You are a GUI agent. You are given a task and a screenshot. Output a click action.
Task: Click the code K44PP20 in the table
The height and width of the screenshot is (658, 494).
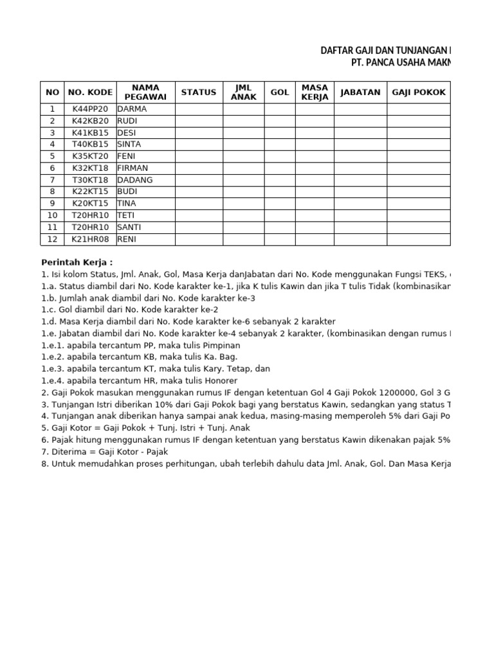pyautogui.click(x=91, y=109)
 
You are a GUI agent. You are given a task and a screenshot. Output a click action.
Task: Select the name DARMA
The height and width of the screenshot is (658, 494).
pyautogui.click(x=132, y=109)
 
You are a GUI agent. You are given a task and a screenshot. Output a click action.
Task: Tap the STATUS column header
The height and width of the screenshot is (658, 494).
pyautogui.click(x=199, y=93)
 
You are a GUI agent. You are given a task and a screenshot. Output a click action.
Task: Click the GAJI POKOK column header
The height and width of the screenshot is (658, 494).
pyautogui.click(x=419, y=93)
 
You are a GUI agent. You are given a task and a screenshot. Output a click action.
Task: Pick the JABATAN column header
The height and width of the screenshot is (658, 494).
pyautogui.click(x=360, y=93)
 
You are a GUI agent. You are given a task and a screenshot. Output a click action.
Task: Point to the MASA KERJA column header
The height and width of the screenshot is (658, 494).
pyautogui.click(x=315, y=93)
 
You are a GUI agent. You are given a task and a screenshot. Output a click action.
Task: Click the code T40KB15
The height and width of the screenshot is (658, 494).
pyautogui.click(x=91, y=144)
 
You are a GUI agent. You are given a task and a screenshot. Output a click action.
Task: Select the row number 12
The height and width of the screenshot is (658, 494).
pyautogui.click(x=52, y=239)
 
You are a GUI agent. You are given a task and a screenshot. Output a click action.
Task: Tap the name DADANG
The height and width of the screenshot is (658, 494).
pyautogui.click(x=135, y=180)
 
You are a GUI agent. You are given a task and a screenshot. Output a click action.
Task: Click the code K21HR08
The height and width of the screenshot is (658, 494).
pyautogui.click(x=91, y=239)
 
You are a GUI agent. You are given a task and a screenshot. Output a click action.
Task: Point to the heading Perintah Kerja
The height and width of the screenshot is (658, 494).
pyautogui.click(x=77, y=262)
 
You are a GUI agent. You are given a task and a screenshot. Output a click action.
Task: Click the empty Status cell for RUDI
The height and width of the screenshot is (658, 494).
pyautogui.click(x=199, y=121)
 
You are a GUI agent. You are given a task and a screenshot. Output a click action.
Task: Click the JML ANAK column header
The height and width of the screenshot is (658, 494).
pyautogui.click(x=244, y=93)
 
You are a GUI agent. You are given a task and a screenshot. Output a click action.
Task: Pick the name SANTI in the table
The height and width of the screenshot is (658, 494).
pyautogui.click(x=129, y=227)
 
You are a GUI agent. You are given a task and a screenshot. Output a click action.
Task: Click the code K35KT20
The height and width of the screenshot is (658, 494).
pyautogui.click(x=91, y=156)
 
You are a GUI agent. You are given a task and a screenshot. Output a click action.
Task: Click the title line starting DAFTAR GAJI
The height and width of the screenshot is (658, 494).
pyautogui.click(x=386, y=51)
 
